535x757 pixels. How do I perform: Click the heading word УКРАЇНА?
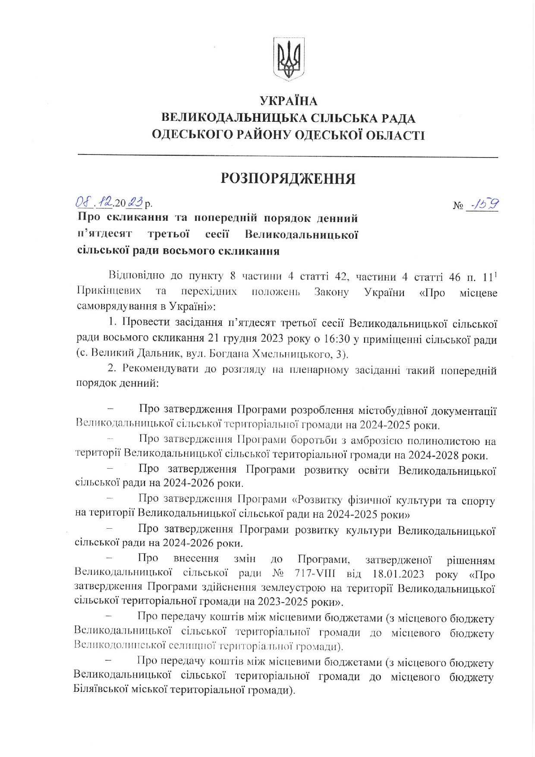pyautogui.click(x=288, y=101)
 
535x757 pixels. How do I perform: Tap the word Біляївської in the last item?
pyautogui.click(x=101, y=690)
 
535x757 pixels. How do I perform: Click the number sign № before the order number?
pyautogui.click(x=458, y=206)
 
